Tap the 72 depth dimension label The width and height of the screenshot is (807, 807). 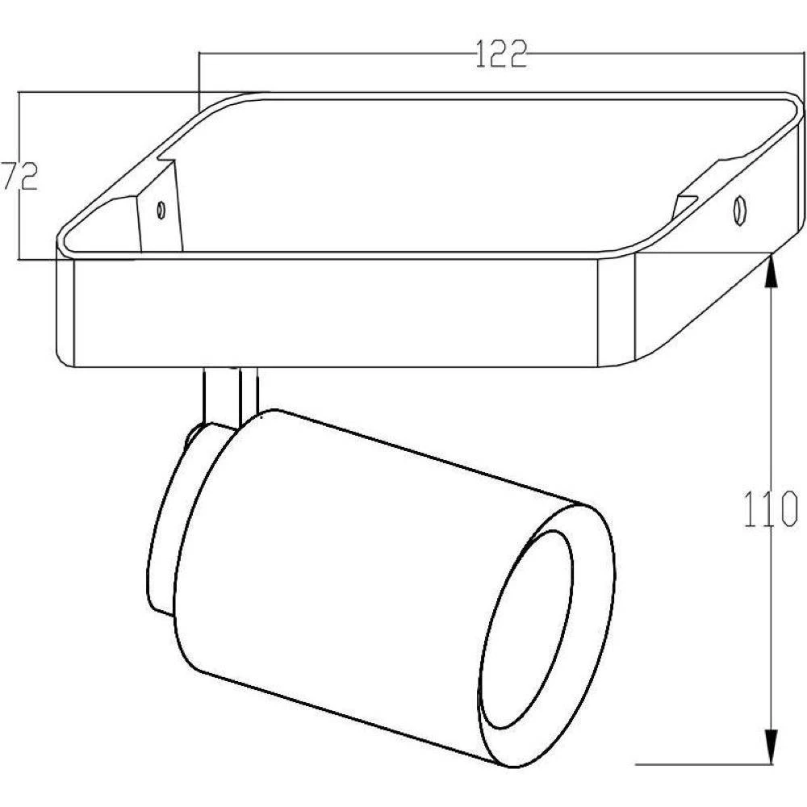coord(18,177)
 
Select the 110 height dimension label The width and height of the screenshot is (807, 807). coord(771,511)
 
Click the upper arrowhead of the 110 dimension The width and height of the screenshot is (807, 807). coord(772,270)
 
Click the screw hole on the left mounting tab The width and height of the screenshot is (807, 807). coord(161,210)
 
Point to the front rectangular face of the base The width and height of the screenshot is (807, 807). coord(335,311)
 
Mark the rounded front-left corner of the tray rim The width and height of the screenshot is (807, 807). coord(63,242)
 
